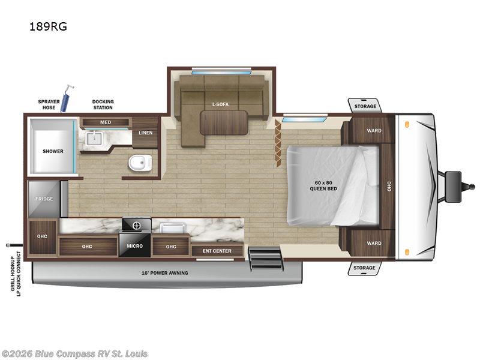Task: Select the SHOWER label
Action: pyautogui.click(x=53, y=151)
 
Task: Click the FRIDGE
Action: pyautogui.click(x=44, y=199)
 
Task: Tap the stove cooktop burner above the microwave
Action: pyautogui.click(x=136, y=225)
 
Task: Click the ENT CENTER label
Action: pyautogui.click(x=217, y=251)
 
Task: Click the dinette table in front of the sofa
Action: pyautogui.click(x=224, y=123)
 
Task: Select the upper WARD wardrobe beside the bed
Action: pyautogui.click(x=374, y=130)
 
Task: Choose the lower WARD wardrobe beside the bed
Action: pyautogui.click(x=374, y=243)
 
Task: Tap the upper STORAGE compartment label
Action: pyautogui.click(x=365, y=106)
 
